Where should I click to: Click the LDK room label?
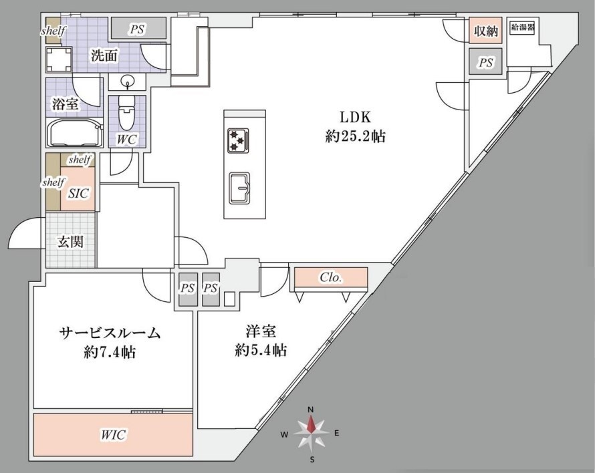[x=355, y=117]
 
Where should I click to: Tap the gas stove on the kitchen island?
[x=238, y=140]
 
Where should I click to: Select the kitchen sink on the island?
[x=239, y=188]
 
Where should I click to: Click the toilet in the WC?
[x=127, y=113]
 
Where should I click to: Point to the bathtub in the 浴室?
[x=74, y=133]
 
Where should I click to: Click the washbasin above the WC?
[x=127, y=82]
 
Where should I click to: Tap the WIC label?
[x=113, y=435]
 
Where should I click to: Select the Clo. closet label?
[x=331, y=277]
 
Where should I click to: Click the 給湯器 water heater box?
[x=523, y=27]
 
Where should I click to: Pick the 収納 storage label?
[x=486, y=31]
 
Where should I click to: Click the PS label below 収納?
[x=486, y=62]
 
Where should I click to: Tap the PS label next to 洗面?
[x=137, y=29]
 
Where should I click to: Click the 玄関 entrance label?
[x=70, y=242]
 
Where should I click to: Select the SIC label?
[x=78, y=194]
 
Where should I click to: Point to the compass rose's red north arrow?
[x=311, y=424]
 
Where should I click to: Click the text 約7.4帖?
[x=110, y=353]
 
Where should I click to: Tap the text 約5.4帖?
[x=261, y=349]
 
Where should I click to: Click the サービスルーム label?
[x=110, y=333]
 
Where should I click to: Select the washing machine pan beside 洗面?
[x=58, y=59]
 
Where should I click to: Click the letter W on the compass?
[x=284, y=435]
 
